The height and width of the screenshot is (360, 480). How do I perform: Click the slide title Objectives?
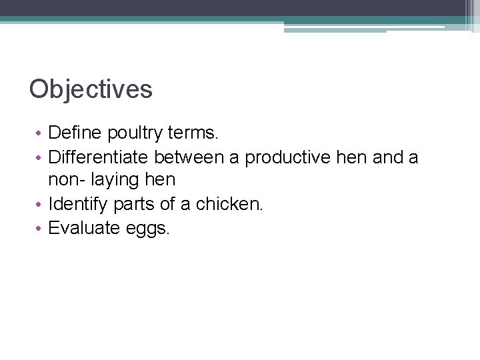[91, 89]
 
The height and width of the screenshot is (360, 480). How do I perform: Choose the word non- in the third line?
[66, 180]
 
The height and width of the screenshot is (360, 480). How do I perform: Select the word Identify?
[75, 204]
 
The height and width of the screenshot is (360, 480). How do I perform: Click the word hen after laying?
[160, 180]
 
